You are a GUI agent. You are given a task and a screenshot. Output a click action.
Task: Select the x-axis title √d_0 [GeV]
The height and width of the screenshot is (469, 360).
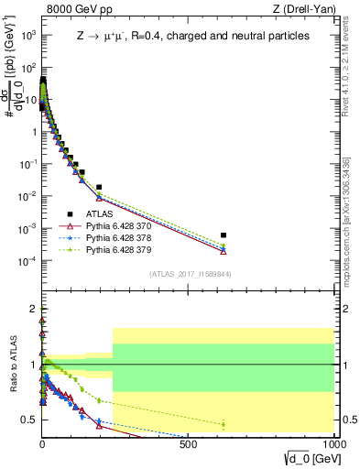tap(306, 460)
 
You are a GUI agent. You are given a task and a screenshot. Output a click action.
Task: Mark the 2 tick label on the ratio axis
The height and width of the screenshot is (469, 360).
tap(32, 309)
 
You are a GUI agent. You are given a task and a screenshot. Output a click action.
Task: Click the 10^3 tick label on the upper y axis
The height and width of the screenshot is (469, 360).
tap(27, 35)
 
